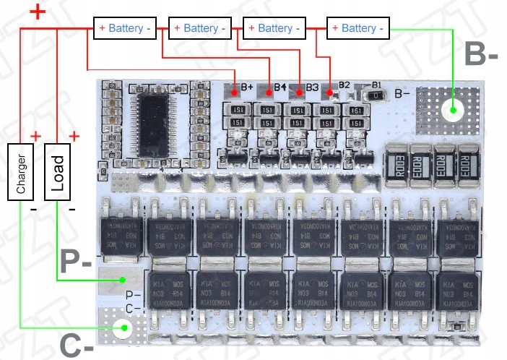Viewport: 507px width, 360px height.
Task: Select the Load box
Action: point(58,173)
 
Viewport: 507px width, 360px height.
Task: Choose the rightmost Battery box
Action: point(358,28)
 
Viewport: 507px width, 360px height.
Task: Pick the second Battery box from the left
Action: point(200,28)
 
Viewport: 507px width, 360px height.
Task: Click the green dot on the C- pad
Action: point(123,330)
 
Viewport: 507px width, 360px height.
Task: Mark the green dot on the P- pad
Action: point(123,280)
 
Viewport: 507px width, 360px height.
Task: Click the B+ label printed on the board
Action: point(247,87)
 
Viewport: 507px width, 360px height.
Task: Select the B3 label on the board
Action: point(312,87)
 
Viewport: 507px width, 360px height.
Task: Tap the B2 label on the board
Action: point(344,85)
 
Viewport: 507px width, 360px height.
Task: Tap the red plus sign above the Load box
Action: point(74,135)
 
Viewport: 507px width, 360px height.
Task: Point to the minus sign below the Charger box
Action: point(33,209)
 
